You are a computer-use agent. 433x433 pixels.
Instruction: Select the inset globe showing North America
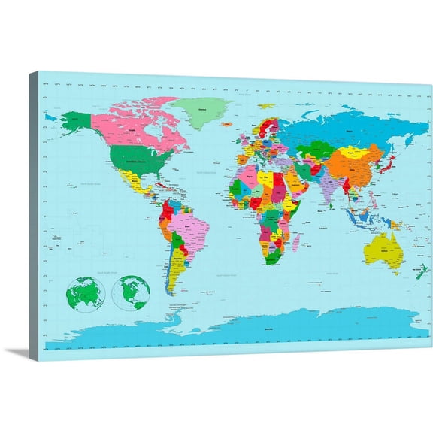coord(131,292)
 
